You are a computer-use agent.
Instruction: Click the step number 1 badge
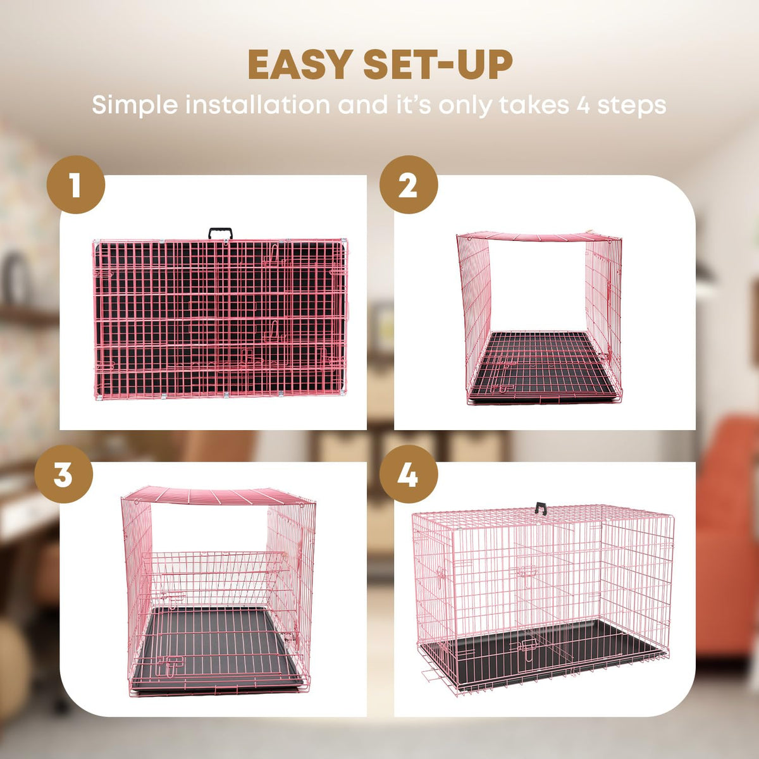coord(76,185)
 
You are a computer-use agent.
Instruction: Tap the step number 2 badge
coord(409,185)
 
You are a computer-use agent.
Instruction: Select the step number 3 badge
coord(63,474)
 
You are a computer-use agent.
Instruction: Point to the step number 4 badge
coord(409,474)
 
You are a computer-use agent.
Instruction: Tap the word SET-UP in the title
coord(438,65)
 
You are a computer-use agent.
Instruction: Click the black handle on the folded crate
coord(220,233)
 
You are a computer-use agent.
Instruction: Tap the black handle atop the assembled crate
coord(541,508)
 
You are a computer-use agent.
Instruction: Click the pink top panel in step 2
coord(540,237)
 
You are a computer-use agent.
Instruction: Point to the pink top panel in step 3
coord(219,495)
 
